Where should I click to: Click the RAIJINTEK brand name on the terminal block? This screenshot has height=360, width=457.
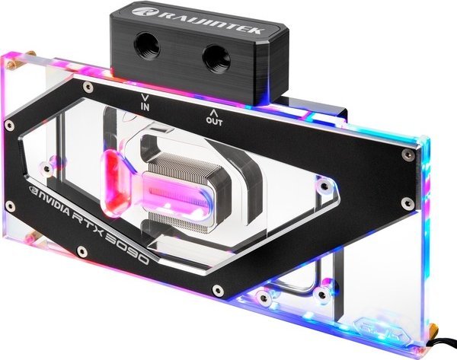pos(211,21)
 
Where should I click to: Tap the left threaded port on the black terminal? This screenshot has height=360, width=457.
pos(146,45)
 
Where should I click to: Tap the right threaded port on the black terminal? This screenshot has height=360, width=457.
pos(216,59)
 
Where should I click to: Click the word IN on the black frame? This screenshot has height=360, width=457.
pos(145,107)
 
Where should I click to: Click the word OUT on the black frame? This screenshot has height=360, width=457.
pos(214,121)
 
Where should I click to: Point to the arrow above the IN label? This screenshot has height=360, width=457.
pos(145,97)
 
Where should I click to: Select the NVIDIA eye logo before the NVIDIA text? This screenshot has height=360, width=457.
pos(34,190)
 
